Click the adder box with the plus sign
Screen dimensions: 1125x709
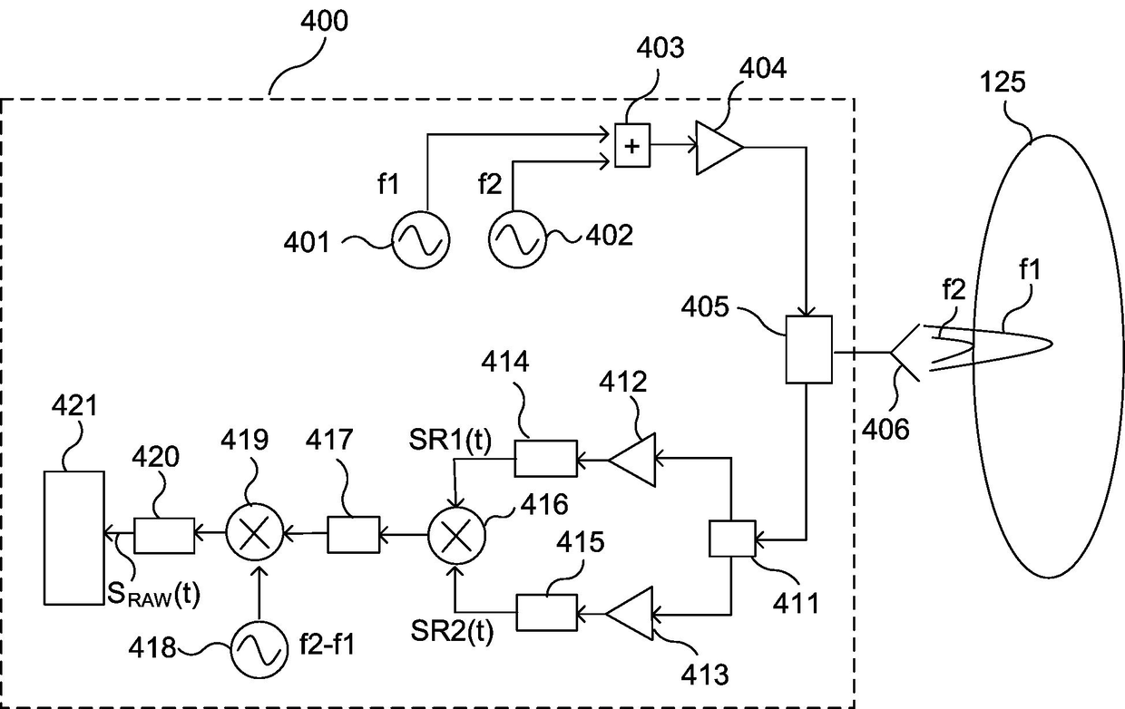pyautogui.click(x=632, y=145)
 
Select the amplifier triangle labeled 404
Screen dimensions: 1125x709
pyautogui.click(x=719, y=148)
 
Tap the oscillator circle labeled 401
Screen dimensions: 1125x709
pyautogui.click(x=420, y=239)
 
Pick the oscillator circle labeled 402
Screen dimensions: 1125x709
pyautogui.click(x=517, y=239)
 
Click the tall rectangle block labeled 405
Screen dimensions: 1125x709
pyautogui.click(x=808, y=349)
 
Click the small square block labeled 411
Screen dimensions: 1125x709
pyautogui.click(x=732, y=539)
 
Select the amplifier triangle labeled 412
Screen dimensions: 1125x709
pyautogui.click(x=632, y=460)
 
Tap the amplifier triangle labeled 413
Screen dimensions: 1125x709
pyautogui.click(x=630, y=613)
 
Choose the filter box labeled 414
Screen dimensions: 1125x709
pyautogui.click(x=546, y=459)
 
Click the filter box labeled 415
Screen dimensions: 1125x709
pyautogui.click(x=547, y=613)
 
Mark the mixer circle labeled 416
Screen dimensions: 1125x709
pyautogui.click(x=456, y=536)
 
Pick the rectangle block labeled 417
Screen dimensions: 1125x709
pyautogui.click(x=354, y=535)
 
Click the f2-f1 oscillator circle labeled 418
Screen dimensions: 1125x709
pyautogui.click(x=259, y=650)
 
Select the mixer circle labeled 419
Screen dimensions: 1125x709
pyautogui.click(x=255, y=532)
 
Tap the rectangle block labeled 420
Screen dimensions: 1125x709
pyautogui.click(x=164, y=536)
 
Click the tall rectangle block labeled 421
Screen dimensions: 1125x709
pyautogui.click(x=74, y=538)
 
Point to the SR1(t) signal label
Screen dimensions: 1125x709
pyautogui.click(x=450, y=440)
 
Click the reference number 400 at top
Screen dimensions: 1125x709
pyautogui.click(x=325, y=21)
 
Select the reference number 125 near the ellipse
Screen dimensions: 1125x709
pyautogui.click(x=1003, y=82)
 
